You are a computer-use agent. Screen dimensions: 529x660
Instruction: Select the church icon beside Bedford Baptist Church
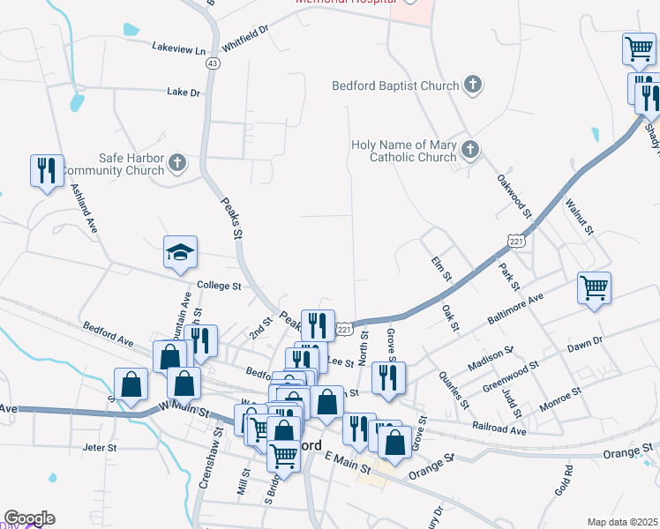tap(474, 86)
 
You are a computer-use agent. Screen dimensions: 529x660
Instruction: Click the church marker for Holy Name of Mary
tap(469, 150)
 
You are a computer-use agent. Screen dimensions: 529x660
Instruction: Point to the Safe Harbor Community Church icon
tap(177, 162)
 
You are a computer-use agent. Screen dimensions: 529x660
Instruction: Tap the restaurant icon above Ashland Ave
tap(46, 169)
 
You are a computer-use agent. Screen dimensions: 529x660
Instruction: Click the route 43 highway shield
tap(212, 63)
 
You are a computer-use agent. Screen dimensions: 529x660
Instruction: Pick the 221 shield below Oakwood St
tap(517, 239)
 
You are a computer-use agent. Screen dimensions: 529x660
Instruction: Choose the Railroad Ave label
tap(499, 430)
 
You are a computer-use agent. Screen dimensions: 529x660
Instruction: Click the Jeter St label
tap(100, 448)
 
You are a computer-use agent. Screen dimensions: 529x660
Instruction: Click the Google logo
tap(29, 518)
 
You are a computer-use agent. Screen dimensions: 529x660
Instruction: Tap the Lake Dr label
tap(184, 92)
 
